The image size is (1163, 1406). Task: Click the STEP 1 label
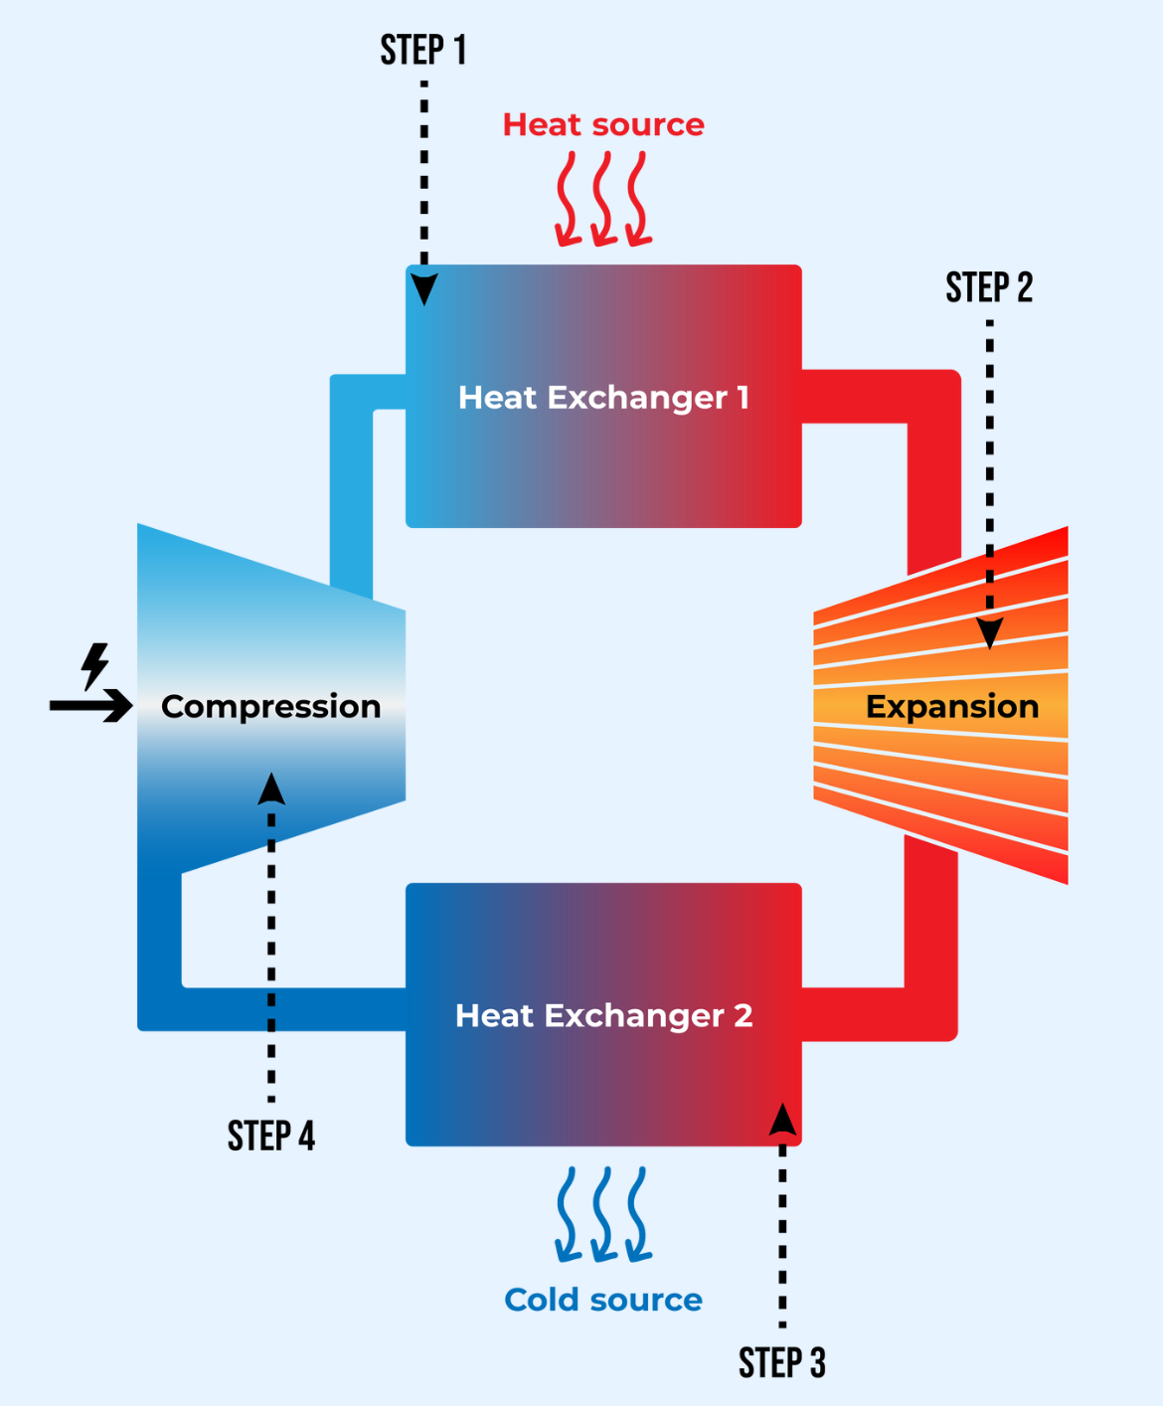pos(422,50)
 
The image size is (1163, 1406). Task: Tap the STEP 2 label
pos(989,287)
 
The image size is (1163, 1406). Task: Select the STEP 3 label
pos(781,1362)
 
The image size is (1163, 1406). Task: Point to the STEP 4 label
pos(270,1136)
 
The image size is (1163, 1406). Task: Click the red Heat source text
pos(603,124)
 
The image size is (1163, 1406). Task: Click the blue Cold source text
pos(603,1300)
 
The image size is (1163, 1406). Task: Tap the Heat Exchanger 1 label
pos(603,398)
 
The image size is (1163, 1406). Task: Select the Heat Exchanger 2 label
pos(603,1015)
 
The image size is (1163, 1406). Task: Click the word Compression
pos(270,706)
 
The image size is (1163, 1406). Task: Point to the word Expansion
pos(952,706)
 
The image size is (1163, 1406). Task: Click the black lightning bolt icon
pos(95,665)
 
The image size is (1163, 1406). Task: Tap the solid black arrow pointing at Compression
pos(91,705)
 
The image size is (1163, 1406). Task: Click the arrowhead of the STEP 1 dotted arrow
pos(424,289)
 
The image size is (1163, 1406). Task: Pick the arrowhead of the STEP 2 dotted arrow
pos(989,632)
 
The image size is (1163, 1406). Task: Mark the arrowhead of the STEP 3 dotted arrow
pos(782,1120)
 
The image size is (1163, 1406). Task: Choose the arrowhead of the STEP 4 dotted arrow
pos(271,789)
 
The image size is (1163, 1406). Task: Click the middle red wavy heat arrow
pos(602,199)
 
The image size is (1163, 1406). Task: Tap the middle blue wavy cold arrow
pos(602,1215)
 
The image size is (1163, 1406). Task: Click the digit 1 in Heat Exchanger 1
pos(743,398)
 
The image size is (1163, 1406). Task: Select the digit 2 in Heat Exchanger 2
pos(743,1015)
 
